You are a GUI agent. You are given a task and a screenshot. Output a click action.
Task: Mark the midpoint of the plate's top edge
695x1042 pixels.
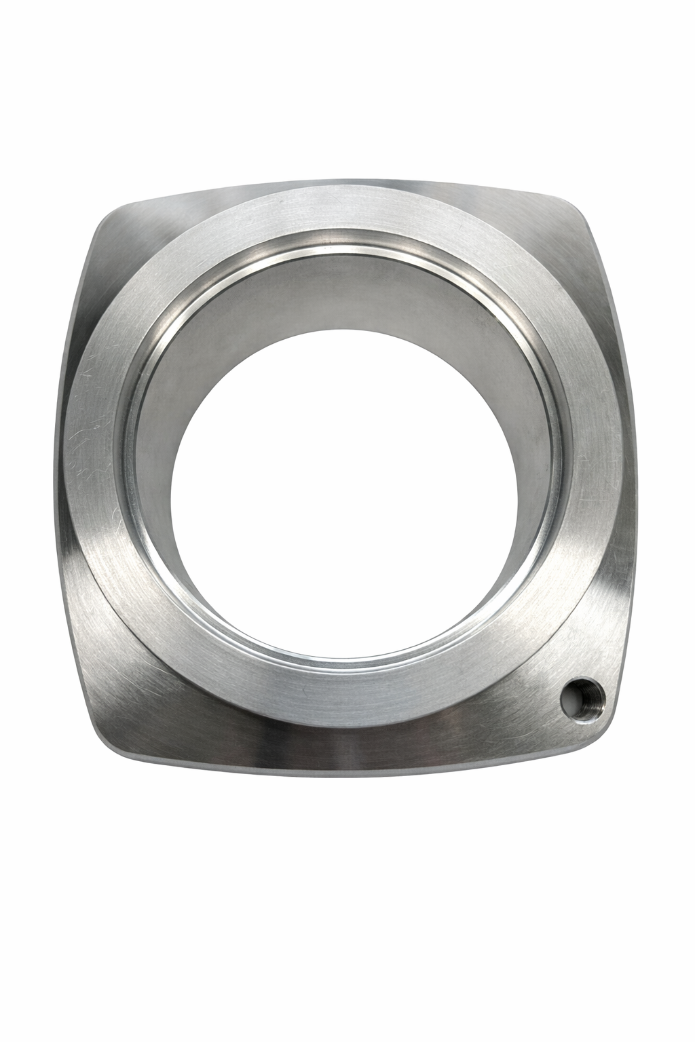353,182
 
